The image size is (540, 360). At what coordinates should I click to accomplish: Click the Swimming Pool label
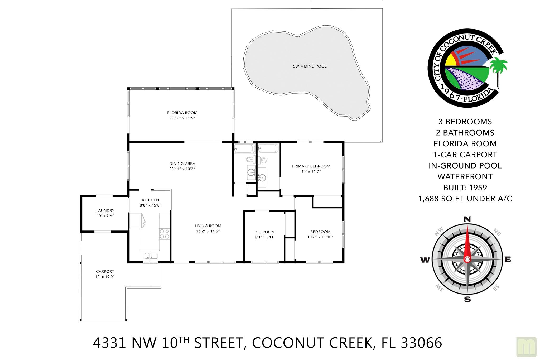(310, 66)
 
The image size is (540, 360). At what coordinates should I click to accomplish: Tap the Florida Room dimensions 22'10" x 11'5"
(182, 118)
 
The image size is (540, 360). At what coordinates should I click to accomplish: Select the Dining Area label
(182, 164)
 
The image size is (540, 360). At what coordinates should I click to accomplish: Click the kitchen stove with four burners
(164, 234)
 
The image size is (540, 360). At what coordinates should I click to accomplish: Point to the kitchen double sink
(151, 256)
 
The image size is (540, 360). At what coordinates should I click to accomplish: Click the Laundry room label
(105, 210)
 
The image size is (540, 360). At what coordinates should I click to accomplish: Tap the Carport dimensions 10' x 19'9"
(105, 277)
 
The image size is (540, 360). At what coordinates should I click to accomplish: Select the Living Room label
(208, 226)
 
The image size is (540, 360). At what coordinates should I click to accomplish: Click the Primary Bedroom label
(311, 166)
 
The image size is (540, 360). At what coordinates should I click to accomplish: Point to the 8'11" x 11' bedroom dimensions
(265, 237)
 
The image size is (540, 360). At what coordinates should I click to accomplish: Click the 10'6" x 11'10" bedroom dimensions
(320, 237)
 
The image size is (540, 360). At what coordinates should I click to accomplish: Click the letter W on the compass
(425, 260)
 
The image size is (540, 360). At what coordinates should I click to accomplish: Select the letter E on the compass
(508, 259)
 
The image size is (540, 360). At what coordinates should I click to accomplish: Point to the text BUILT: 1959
(465, 188)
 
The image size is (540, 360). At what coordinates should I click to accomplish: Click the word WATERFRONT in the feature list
(465, 176)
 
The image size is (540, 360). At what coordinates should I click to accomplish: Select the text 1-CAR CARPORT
(465, 155)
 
